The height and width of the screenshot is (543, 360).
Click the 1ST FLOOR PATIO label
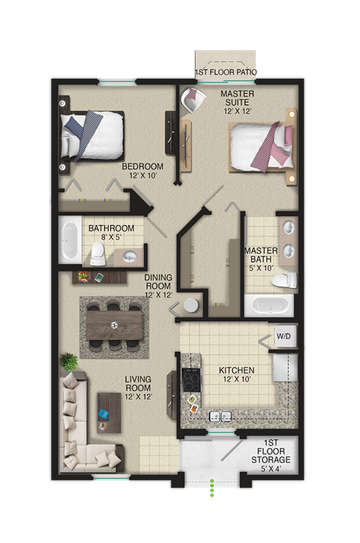[226, 73]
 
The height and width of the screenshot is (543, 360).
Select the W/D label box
[284, 337]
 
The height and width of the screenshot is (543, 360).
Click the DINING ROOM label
[158, 286]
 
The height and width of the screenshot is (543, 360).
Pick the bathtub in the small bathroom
[70, 241]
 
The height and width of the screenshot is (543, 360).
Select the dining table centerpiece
[114, 325]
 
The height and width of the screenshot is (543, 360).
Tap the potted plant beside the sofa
[69, 361]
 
